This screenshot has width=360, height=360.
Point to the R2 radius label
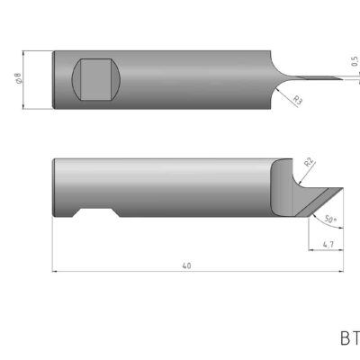[309, 162]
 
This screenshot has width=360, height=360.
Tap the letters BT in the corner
[349, 340]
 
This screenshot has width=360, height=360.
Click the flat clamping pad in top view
[94, 79]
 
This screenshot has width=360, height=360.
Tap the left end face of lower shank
[54, 187]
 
